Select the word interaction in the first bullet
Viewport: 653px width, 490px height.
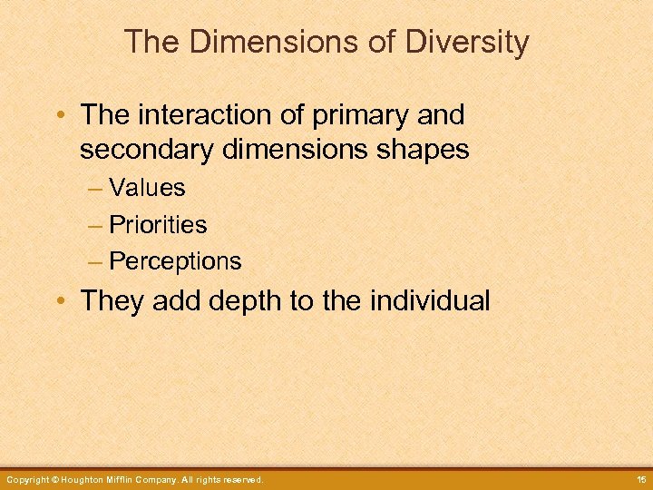(200, 115)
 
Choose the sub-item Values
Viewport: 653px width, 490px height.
(147, 188)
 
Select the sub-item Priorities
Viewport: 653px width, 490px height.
(158, 224)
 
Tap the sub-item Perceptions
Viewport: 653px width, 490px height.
(175, 261)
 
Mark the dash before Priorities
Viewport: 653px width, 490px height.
(96, 225)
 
